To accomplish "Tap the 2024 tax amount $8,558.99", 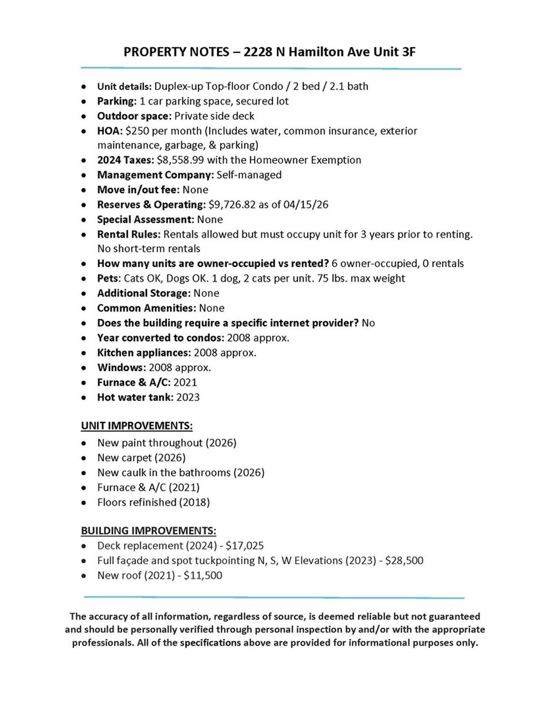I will pyautogui.click(x=180, y=160).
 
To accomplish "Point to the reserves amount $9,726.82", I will pyautogui.click(x=232, y=205).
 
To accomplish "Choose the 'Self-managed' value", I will pyautogui.click(x=249, y=175).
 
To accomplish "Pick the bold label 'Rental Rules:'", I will pyautogui.click(x=129, y=235).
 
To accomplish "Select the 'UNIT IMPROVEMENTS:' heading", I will pyautogui.click(x=136, y=426).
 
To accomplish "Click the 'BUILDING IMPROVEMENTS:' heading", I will pyautogui.click(x=148, y=531).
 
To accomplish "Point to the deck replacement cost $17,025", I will pyautogui.click(x=245, y=546).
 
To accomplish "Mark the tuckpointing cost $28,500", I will pyautogui.click(x=404, y=561).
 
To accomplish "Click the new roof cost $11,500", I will pyautogui.click(x=203, y=576).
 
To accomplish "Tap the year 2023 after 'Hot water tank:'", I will pyautogui.click(x=188, y=397).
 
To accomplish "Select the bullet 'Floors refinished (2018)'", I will pyautogui.click(x=154, y=503).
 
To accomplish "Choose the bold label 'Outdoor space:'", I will pyautogui.click(x=134, y=117).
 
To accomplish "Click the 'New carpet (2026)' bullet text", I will pyautogui.click(x=141, y=458).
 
